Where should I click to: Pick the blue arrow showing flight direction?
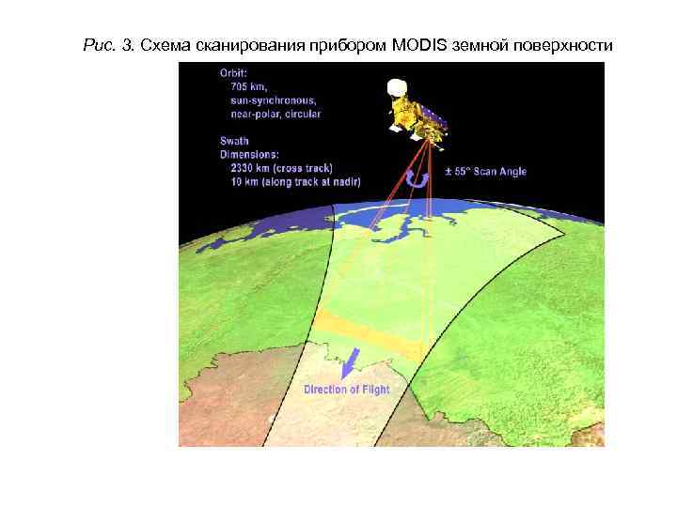point(350,362)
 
